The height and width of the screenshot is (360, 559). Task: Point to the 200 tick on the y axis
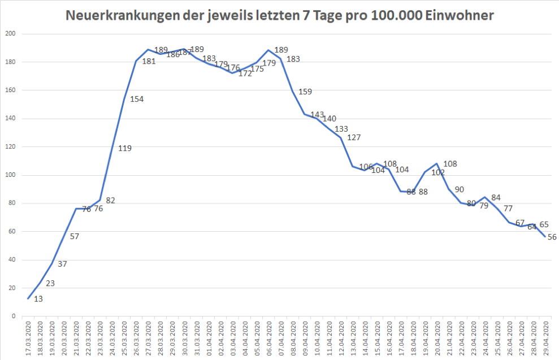(x=10, y=34)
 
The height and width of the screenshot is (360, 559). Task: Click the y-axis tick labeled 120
(x=10, y=147)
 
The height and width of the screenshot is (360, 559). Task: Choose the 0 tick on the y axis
(x=14, y=316)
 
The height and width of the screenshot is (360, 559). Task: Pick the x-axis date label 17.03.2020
(x=28, y=337)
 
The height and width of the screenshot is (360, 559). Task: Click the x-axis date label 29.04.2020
(x=545, y=337)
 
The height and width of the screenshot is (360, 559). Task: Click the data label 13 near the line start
(x=38, y=300)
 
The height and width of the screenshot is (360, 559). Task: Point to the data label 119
(x=125, y=149)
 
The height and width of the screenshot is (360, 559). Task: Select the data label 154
(x=137, y=99)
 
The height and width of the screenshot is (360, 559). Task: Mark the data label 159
(x=305, y=92)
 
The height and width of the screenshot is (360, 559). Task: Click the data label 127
(x=354, y=137)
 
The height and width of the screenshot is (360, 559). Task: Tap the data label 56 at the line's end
(x=552, y=237)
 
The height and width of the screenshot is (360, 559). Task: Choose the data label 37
(x=63, y=264)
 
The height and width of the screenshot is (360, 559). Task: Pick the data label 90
(x=460, y=189)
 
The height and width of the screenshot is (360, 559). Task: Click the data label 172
(x=245, y=73)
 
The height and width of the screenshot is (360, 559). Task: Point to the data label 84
(x=496, y=197)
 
